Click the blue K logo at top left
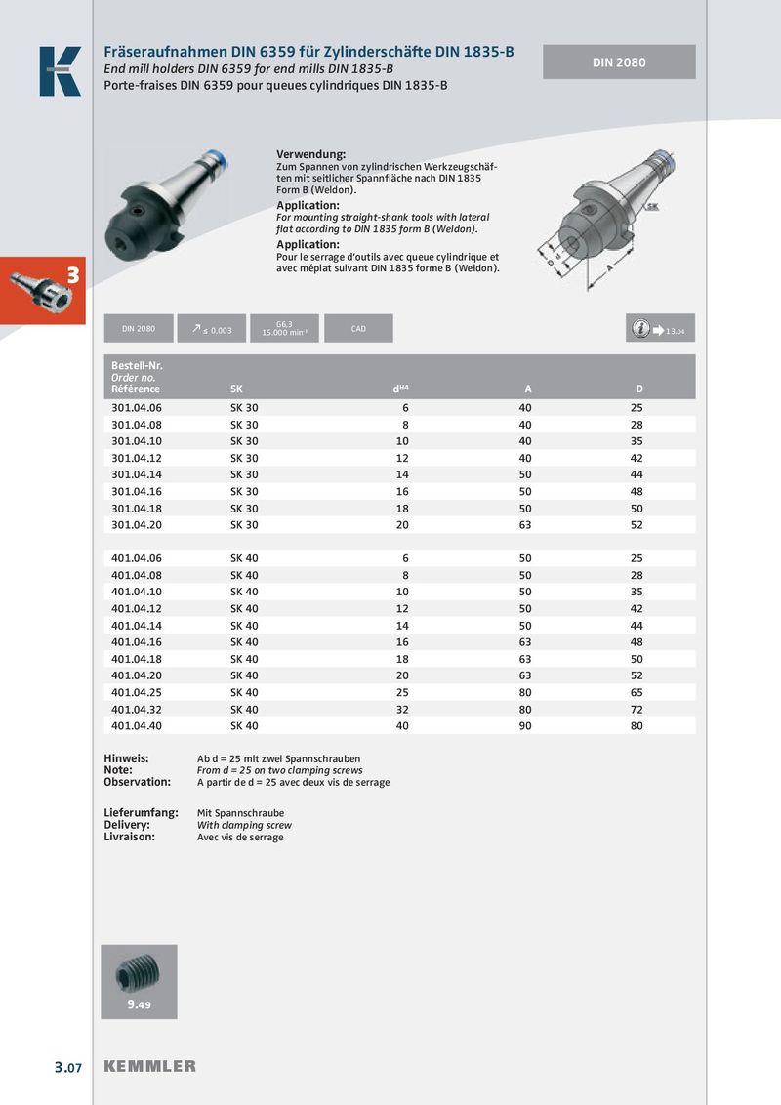60,71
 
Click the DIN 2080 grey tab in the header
619,62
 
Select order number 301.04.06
137,407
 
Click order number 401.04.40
137,725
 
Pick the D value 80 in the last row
637,725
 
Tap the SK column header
237,389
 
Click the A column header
528,389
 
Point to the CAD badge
358,329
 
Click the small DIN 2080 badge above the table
139,329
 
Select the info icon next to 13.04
640,329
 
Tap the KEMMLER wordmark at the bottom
150,1066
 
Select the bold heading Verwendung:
311,155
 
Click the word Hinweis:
126,758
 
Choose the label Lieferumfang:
141,812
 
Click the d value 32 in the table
402,709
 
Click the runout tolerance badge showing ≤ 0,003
212,329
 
